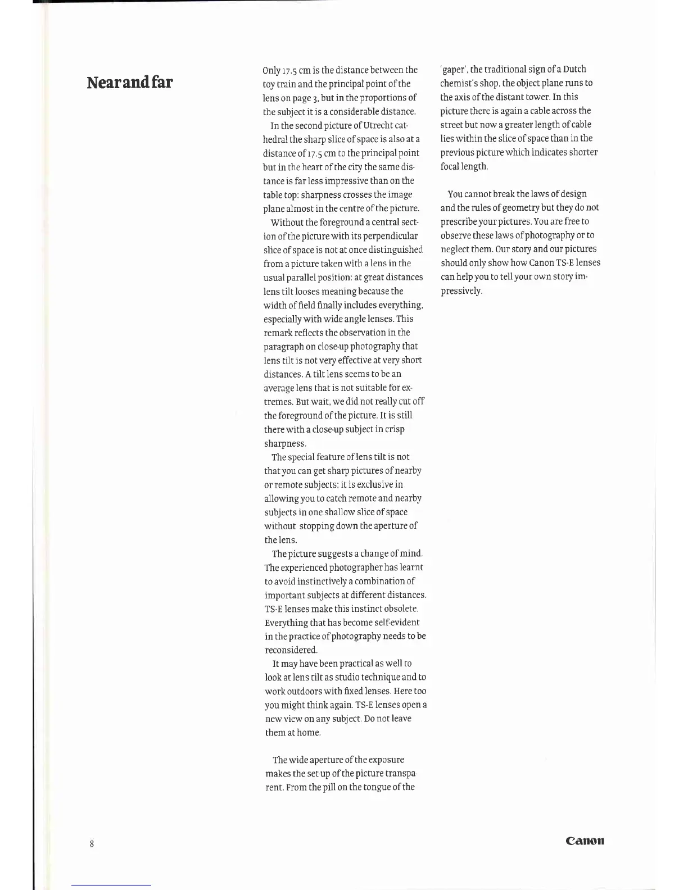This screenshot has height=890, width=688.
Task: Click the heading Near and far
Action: (130, 83)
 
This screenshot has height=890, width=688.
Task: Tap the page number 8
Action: (92, 843)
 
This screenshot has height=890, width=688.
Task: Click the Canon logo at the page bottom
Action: (585, 841)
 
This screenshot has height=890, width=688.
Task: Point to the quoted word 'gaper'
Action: (453, 70)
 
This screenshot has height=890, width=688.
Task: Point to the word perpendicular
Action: (391, 236)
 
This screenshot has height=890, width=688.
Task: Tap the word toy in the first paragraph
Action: (269, 84)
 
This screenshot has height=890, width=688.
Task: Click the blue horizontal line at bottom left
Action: (111, 885)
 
